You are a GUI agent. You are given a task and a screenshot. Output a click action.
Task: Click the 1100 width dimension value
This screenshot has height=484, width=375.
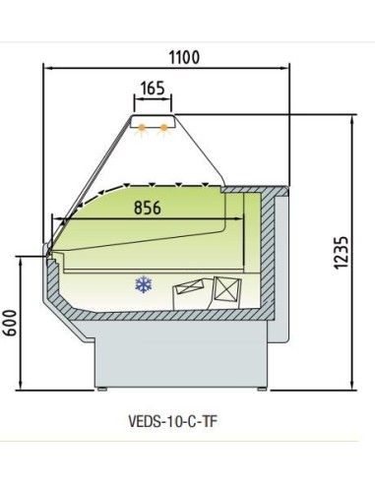click(184, 56)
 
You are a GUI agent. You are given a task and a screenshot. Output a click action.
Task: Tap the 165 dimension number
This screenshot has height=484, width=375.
click(153, 89)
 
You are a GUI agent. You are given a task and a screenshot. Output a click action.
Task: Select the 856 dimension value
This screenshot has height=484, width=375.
click(146, 208)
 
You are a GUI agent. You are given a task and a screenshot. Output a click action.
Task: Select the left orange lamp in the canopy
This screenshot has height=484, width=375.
click(142, 127)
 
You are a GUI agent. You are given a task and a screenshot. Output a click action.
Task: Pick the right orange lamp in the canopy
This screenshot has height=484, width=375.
click(162, 127)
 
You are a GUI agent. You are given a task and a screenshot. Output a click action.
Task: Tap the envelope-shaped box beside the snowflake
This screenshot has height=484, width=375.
click(189, 292)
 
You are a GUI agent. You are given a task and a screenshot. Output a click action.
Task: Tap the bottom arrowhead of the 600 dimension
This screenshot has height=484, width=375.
click(23, 385)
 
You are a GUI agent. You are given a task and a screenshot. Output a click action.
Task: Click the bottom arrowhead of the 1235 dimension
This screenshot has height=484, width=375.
click(352, 385)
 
